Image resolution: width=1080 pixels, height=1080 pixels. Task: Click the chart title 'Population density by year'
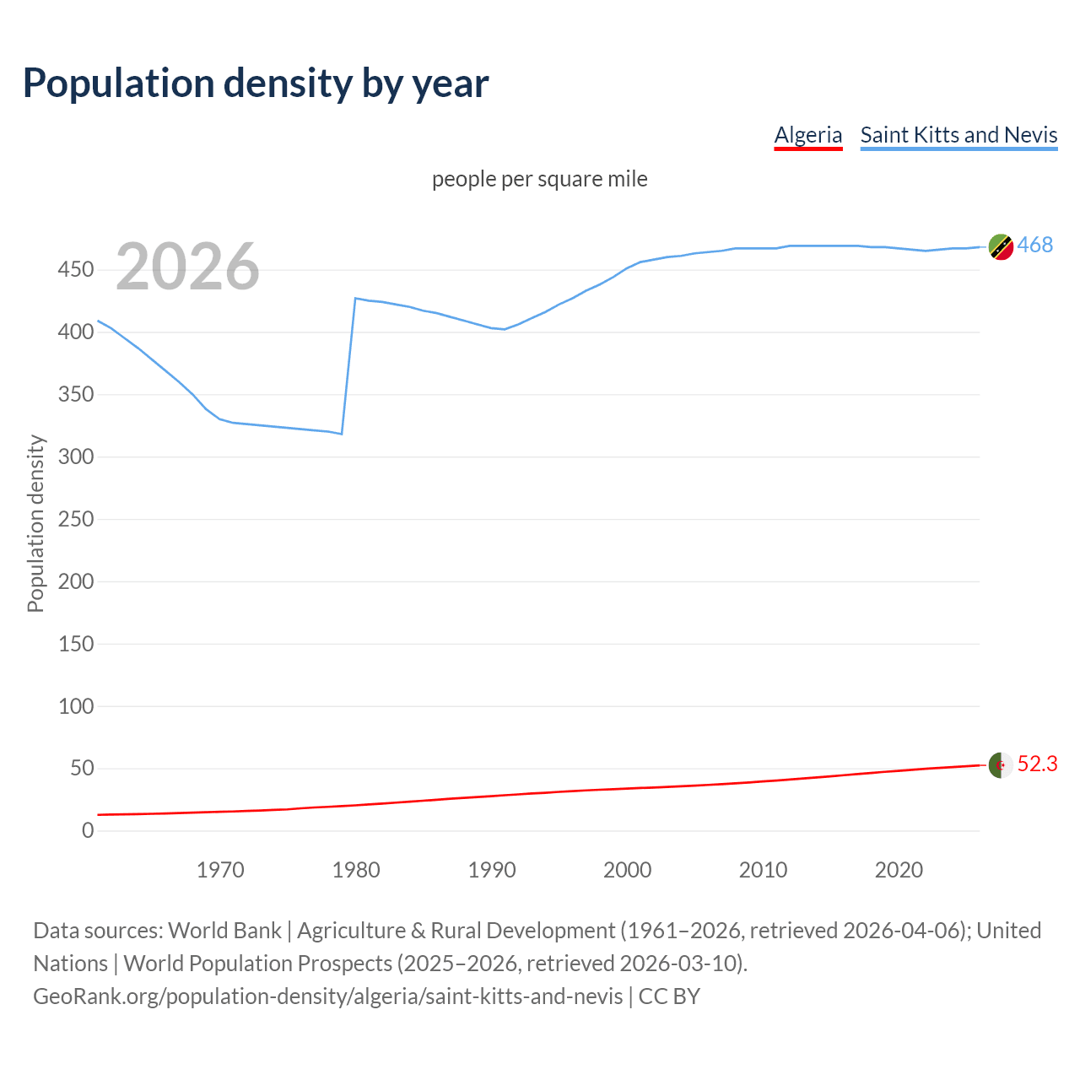pyautogui.click(x=256, y=84)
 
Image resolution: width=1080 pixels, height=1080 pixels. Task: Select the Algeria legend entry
pyautogui.click(x=808, y=135)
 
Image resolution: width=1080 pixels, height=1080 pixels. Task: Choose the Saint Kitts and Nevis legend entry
pyautogui.click(x=958, y=135)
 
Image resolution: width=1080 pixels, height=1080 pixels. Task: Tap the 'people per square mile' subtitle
pyautogui.click(x=539, y=179)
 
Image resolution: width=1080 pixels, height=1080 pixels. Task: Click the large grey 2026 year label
pyautogui.click(x=187, y=267)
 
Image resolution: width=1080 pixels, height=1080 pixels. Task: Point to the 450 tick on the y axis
pyautogui.click(x=76, y=270)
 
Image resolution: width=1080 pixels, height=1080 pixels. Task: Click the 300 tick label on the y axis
pyautogui.click(x=76, y=456)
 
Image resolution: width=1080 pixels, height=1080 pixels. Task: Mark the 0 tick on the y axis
pyautogui.click(x=88, y=830)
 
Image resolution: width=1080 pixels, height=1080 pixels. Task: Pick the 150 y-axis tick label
pyautogui.click(x=76, y=644)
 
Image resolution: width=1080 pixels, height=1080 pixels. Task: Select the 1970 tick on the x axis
pyautogui.click(x=220, y=870)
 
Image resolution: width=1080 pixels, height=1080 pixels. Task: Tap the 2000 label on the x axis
pyautogui.click(x=627, y=870)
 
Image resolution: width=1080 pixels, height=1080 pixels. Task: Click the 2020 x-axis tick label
pyautogui.click(x=899, y=870)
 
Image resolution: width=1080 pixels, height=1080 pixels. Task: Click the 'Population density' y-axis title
pyautogui.click(x=35, y=523)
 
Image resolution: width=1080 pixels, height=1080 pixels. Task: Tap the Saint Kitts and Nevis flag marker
pyautogui.click(x=1001, y=247)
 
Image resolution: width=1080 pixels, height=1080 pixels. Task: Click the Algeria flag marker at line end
pyautogui.click(x=1001, y=765)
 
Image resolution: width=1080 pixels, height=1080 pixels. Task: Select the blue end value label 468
pyautogui.click(x=1035, y=245)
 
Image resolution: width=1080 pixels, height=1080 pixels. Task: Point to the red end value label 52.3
pyautogui.click(x=1037, y=764)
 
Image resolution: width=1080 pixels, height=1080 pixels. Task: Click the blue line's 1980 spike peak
pyautogui.click(x=356, y=298)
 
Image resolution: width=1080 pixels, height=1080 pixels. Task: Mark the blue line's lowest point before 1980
pyautogui.click(x=342, y=434)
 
